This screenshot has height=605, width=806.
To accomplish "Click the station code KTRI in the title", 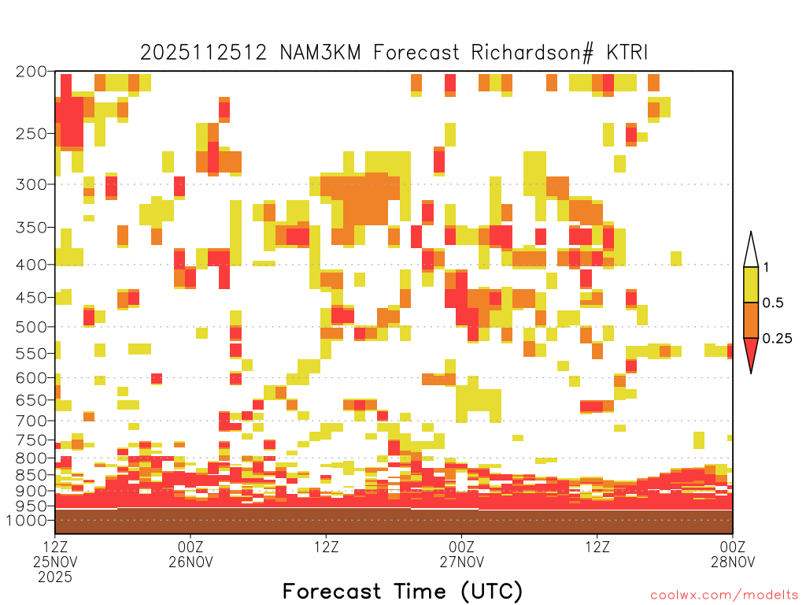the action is (x=627, y=53).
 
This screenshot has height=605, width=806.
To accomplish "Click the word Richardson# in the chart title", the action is (x=532, y=53).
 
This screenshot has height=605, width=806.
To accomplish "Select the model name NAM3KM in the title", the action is (x=320, y=53).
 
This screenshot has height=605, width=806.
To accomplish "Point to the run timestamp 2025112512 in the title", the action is (x=204, y=53).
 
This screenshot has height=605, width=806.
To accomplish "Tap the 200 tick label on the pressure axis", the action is (x=31, y=72).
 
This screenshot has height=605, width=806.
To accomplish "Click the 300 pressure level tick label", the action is (x=31, y=184).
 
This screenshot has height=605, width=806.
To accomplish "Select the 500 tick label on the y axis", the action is (x=31, y=327).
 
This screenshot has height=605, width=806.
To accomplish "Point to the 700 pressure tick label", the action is (x=31, y=421).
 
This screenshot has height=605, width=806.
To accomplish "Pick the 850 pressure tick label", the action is (x=31, y=475).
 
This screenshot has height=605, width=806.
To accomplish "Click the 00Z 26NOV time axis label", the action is (x=190, y=554).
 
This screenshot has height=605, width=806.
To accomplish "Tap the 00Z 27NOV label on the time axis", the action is (x=461, y=554).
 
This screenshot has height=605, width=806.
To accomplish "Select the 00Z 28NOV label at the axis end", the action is (x=733, y=554).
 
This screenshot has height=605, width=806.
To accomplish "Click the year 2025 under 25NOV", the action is (x=55, y=577).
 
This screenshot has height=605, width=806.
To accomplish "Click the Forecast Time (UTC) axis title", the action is (x=402, y=591).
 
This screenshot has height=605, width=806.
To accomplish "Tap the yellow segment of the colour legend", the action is (x=751, y=284).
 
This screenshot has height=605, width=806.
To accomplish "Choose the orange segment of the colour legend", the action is (x=751, y=320).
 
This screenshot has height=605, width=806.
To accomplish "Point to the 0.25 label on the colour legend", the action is (x=777, y=339).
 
